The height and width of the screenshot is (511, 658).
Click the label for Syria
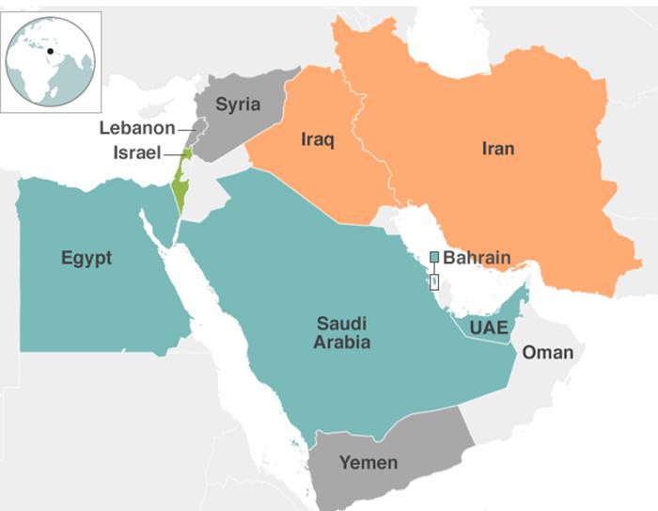pos(237,104)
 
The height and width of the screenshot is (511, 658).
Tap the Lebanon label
pos(137,129)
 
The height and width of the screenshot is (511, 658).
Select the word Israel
pos(137,152)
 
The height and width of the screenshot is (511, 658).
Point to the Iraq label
pos(318,139)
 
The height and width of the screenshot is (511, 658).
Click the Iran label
pos(497,148)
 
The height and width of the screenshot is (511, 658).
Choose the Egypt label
pos(86,258)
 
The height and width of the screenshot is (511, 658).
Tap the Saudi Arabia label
pos(342,333)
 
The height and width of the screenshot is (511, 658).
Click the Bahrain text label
pos(478,257)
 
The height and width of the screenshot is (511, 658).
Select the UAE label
pos(490,327)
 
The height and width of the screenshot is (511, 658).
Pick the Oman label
pos(547,352)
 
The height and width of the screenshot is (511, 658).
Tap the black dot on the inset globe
pos(50,51)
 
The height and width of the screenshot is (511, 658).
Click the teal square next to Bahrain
pos(434,257)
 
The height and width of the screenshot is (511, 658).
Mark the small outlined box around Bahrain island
pos(434,281)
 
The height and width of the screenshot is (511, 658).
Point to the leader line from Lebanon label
pos(186,129)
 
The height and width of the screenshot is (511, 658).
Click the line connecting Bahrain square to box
pos(434,268)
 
